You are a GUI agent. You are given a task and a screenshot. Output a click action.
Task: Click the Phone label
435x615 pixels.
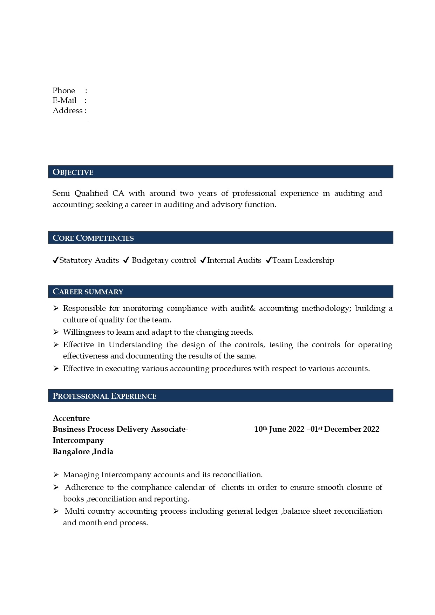(x=64, y=91)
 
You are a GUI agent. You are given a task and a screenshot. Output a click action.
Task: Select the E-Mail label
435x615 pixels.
(x=64, y=101)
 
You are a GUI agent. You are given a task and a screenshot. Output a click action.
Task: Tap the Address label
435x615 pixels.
(x=68, y=111)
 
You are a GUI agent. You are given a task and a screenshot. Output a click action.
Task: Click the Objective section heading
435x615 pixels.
(x=73, y=172)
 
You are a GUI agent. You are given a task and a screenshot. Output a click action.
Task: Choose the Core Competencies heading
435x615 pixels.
(x=93, y=238)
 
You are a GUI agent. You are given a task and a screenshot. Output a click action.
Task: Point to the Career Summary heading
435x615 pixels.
(x=88, y=292)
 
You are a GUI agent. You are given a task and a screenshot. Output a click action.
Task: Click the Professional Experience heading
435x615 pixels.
(x=104, y=396)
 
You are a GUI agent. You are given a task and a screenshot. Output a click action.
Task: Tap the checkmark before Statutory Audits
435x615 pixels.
(x=55, y=260)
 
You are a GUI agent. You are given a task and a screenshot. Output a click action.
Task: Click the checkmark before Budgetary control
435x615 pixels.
(x=127, y=260)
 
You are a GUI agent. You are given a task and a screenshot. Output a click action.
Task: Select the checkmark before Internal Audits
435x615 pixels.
(x=203, y=260)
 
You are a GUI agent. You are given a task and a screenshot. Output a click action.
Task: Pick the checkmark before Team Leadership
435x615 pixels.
(x=269, y=260)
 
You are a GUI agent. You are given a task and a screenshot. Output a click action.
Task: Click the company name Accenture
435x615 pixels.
(x=71, y=418)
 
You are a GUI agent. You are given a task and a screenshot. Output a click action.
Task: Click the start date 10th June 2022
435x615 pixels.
(x=279, y=429)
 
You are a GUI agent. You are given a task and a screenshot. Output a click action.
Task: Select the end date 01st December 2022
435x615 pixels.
(x=345, y=429)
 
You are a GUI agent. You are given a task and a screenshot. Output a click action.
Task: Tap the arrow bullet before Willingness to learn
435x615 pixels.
(x=56, y=332)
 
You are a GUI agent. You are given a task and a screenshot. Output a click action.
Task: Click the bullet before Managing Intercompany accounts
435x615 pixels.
(x=56, y=474)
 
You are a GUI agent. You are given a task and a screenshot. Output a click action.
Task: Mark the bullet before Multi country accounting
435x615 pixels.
(x=56, y=511)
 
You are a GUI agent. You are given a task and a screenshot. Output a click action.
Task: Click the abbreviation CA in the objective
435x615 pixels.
(x=118, y=193)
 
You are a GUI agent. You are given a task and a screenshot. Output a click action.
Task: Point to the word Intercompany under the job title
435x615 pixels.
(x=78, y=440)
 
